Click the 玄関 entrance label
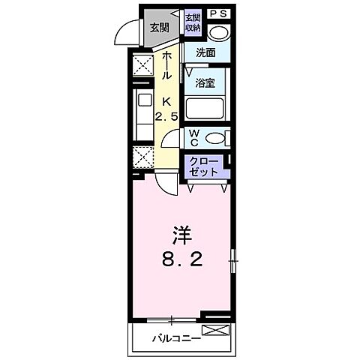[x=158, y=28]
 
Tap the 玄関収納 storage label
[x=193, y=22]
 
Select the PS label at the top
[x=218, y=14]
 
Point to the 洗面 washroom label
[x=206, y=53]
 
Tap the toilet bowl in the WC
[x=216, y=138]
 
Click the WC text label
[x=193, y=138]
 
